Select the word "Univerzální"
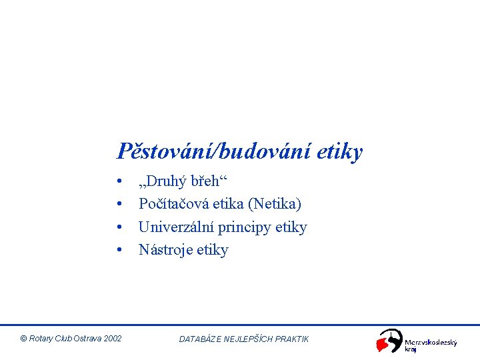(177, 227)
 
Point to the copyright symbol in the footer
(24, 339)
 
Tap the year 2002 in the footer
(113, 339)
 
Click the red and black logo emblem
(389, 341)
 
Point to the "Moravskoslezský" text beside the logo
(431, 342)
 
